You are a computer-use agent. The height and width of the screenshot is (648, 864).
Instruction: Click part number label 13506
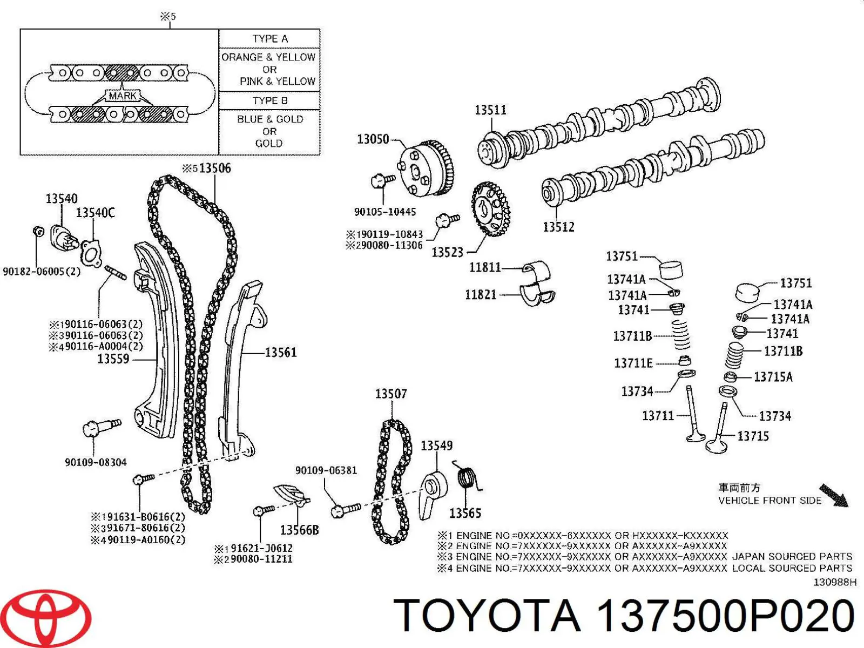(x=214, y=168)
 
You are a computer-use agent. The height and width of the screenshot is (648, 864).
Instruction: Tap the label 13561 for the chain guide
(x=280, y=353)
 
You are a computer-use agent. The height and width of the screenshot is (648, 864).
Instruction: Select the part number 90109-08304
(x=96, y=462)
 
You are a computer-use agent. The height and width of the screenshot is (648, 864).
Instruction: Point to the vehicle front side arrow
(x=834, y=495)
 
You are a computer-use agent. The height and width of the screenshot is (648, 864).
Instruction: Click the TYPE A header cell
(x=269, y=39)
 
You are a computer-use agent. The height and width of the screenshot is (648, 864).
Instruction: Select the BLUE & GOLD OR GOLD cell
(x=269, y=131)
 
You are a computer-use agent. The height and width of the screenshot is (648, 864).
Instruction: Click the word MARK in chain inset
(x=123, y=96)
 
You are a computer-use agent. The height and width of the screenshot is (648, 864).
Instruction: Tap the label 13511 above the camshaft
(x=490, y=110)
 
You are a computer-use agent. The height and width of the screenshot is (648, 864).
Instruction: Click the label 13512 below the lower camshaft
(x=558, y=227)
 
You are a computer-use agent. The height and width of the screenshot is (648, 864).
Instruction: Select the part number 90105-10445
(x=385, y=212)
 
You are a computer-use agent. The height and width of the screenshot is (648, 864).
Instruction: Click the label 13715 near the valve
(x=753, y=436)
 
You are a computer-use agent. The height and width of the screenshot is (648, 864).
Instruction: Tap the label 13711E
(x=633, y=363)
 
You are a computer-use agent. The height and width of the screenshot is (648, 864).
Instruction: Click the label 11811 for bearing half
(x=485, y=267)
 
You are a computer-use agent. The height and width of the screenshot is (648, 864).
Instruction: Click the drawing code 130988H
(x=835, y=582)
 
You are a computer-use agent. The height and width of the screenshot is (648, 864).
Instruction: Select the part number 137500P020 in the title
(x=725, y=616)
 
